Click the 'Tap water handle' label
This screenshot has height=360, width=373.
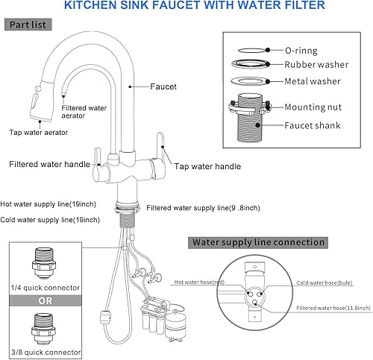(x=207, y=168)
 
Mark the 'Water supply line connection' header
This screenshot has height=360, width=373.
(x=258, y=242)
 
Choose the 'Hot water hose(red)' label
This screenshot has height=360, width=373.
(x=200, y=282)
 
